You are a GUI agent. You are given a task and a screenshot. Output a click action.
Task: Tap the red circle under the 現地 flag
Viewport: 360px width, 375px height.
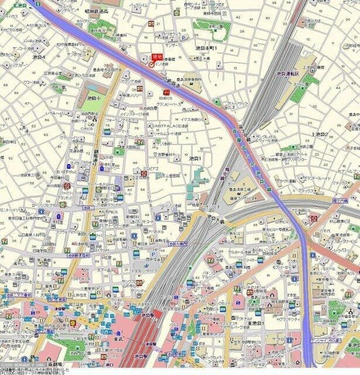click(x=152, y=66)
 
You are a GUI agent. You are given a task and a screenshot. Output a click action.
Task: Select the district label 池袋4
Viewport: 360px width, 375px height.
click(x=39, y=57)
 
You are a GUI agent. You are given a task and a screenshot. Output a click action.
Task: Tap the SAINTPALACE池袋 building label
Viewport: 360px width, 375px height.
click(x=171, y=125)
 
